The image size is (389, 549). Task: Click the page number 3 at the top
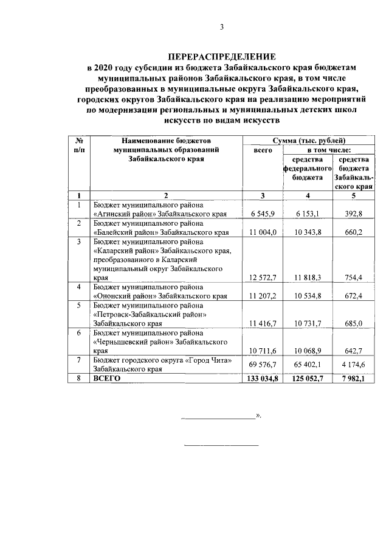pos(221,27)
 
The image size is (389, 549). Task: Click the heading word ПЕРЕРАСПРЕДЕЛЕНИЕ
pos(221,56)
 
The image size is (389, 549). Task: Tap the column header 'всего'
pos(262,150)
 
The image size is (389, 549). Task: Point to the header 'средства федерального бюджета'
pos(307,169)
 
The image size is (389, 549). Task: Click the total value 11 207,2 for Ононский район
pos(263,295)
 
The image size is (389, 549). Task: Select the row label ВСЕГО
pos(108,378)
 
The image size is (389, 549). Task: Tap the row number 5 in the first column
pos(78,305)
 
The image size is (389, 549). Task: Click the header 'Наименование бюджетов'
pos(165,141)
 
